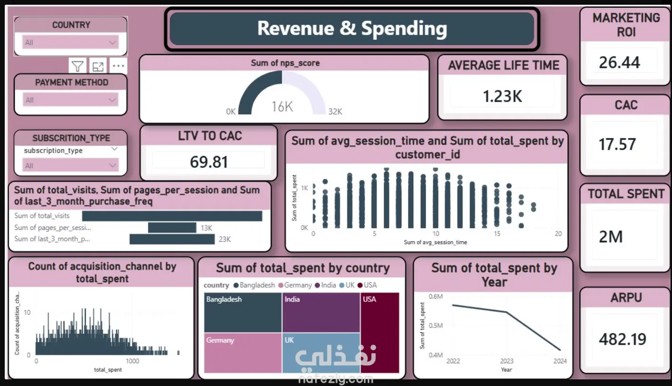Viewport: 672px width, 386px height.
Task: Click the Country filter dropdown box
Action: coord(70,43)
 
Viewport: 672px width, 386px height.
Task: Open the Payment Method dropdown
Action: coord(70,100)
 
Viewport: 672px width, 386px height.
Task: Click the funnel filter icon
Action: coord(77,66)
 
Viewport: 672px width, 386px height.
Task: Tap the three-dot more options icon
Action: coord(118,66)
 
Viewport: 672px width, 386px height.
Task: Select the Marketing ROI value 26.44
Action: coord(619,63)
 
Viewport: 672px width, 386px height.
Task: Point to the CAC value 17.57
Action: coord(617,144)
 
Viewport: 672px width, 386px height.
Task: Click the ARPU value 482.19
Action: coord(622,339)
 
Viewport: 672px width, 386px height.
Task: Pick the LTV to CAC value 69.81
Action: coord(209,162)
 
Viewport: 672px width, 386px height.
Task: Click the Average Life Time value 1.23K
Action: coord(502,96)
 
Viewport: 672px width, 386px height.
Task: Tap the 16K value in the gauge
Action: coord(282,107)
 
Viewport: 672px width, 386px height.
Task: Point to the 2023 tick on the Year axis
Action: coord(506,361)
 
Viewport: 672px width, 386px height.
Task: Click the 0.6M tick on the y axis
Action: coord(435,296)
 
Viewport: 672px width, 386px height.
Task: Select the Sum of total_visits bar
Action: coord(172,216)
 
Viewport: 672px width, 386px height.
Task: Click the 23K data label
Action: coord(224,239)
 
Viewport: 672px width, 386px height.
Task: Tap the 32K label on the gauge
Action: coord(335,112)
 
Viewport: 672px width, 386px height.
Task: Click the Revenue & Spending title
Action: coord(352,28)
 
